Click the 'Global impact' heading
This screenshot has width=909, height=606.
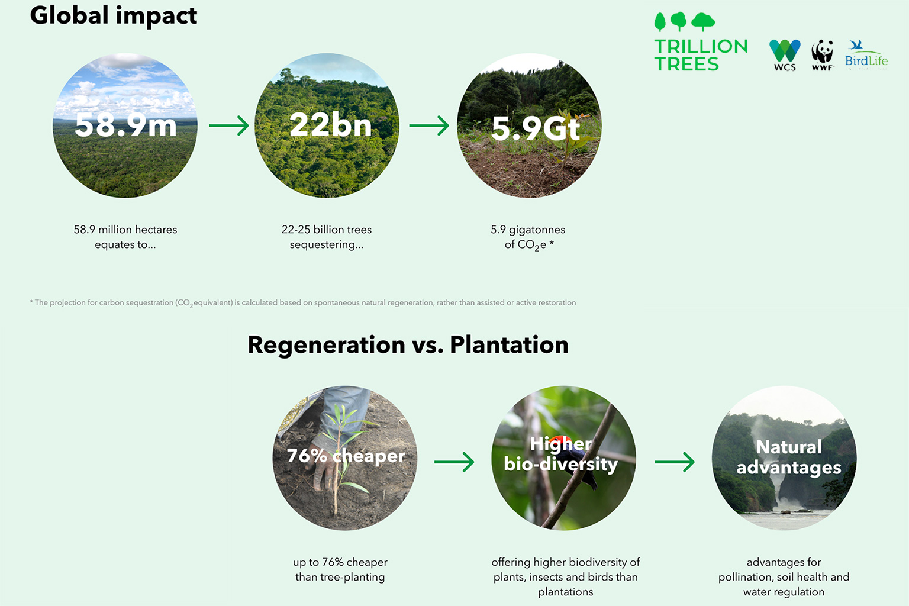(114, 17)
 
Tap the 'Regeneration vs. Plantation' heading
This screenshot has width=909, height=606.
(408, 345)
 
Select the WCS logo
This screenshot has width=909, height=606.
(785, 55)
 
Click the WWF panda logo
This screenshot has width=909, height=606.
(822, 55)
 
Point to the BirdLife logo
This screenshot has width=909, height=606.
(866, 55)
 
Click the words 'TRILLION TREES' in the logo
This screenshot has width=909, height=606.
(701, 55)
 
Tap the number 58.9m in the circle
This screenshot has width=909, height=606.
(126, 125)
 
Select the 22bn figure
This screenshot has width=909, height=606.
(331, 125)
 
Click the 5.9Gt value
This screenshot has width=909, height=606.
(536, 129)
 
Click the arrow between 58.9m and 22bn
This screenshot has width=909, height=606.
(229, 125)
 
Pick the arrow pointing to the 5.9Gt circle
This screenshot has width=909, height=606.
(429, 125)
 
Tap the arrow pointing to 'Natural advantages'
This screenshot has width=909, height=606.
(675, 462)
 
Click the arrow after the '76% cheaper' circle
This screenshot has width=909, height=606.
(454, 462)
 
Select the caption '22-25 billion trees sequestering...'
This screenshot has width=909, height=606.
(327, 237)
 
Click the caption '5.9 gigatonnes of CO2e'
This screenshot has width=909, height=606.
(528, 237)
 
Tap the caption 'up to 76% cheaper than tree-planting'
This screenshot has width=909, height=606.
(340, 569)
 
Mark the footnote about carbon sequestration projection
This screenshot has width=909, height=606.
(303, 303)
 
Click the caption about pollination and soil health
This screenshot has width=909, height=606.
(784, 577)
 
